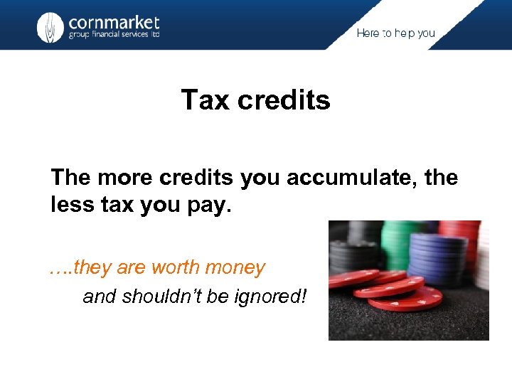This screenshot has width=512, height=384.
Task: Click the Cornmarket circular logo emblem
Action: [x=50, y=27]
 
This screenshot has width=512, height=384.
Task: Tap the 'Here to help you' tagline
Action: [x=395, y=33]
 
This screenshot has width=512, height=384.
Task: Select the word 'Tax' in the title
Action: [x=205, y=100]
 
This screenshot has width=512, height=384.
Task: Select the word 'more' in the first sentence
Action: [x=122, y=178]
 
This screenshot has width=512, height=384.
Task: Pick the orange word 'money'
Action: [x=235, y=268]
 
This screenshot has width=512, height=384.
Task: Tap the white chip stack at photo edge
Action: [x=483, y=256]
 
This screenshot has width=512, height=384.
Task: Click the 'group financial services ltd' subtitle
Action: [x=114, y=36]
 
